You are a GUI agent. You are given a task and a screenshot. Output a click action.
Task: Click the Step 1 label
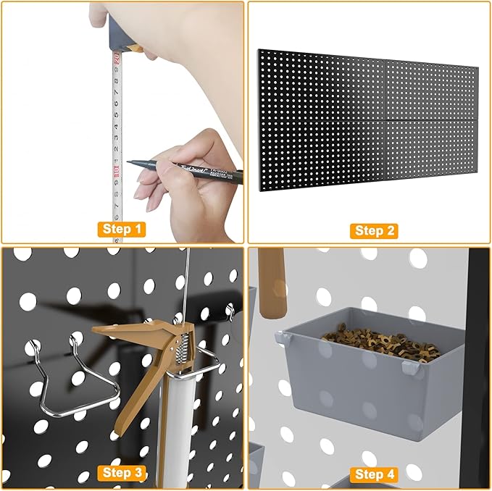122,230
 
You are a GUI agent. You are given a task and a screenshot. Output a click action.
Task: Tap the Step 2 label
370,230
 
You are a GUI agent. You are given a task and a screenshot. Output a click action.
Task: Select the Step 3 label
122,472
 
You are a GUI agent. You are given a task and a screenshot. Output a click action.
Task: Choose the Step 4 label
370,474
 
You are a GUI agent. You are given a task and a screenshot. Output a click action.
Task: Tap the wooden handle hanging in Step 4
272,282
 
